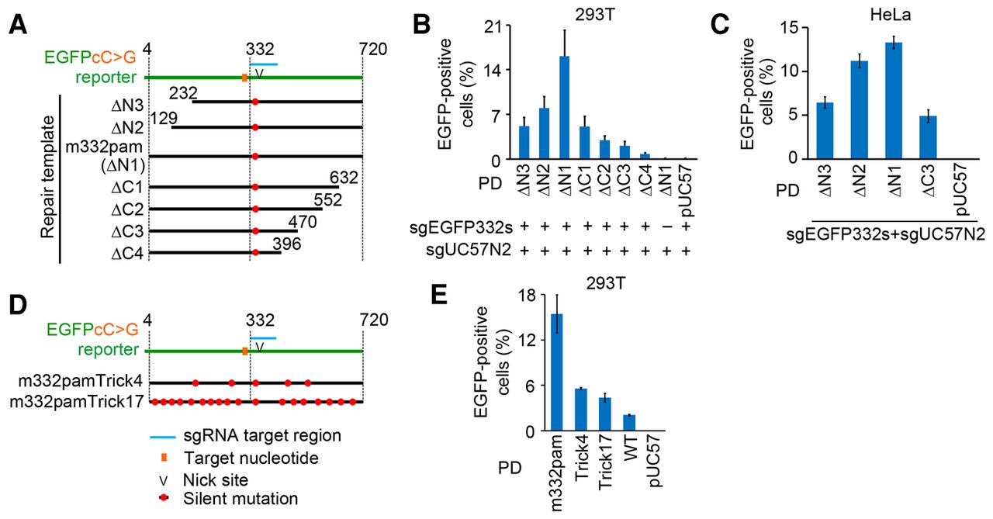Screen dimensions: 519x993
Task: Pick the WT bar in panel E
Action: click(x=629, y=423)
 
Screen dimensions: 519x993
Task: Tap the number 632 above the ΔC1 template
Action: click(x=344, y=177)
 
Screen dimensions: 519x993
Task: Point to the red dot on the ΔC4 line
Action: click(x=255, y=253)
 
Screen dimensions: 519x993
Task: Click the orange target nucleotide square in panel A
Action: click(x=244, y=78)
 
